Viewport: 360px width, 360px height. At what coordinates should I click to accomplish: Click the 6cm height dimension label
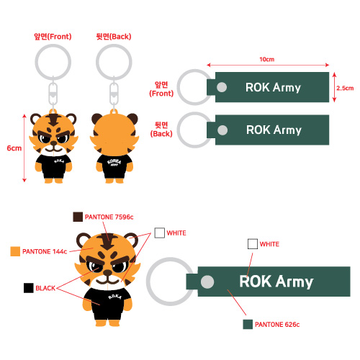tap(14, 148)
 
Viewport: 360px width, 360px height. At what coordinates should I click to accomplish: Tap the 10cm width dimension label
tap(266, 59)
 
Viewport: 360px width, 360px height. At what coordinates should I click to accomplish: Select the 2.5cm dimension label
tap(345, 88)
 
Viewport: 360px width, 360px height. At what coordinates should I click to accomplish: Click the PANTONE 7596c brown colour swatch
tap(78, 217)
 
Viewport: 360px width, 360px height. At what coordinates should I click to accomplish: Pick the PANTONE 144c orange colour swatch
tap(15, 251)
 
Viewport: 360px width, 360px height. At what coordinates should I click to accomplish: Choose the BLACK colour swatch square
tap(29, 288)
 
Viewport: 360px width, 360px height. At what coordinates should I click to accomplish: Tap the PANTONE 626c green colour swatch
tap(248, 324)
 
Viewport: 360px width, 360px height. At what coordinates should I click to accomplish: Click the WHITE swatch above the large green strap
tap(253, 244)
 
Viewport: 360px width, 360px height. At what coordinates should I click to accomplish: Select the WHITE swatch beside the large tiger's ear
tap(160, 233)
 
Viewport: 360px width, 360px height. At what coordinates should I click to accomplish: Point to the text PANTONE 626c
tap(277, 325)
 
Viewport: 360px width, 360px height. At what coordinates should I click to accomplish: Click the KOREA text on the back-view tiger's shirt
tap(114, 161)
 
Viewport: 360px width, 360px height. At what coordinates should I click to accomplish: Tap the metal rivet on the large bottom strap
tap(207, 282)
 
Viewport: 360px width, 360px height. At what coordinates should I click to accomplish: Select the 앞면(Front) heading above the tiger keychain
tap(53, 37)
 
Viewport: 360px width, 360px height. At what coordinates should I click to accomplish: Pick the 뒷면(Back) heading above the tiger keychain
tap(114, 37)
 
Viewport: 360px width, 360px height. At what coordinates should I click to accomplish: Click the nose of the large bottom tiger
tap(107, 272)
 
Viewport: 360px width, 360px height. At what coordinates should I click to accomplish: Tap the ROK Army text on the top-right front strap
tap(273, 88)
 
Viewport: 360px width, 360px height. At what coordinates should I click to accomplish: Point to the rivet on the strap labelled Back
tap(222, 130)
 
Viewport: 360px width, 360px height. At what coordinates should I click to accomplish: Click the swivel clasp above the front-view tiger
tap(53, 92)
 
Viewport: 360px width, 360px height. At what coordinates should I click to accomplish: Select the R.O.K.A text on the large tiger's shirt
tap(114, 297)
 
